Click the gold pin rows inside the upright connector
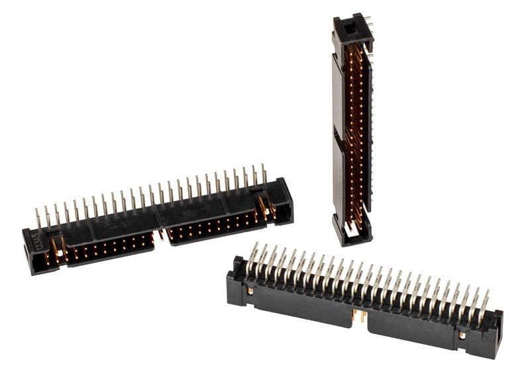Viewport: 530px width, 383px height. pos(358,132)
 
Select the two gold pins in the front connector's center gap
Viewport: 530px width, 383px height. pos(360,316)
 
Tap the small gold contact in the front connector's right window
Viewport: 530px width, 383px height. pos(462,335)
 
